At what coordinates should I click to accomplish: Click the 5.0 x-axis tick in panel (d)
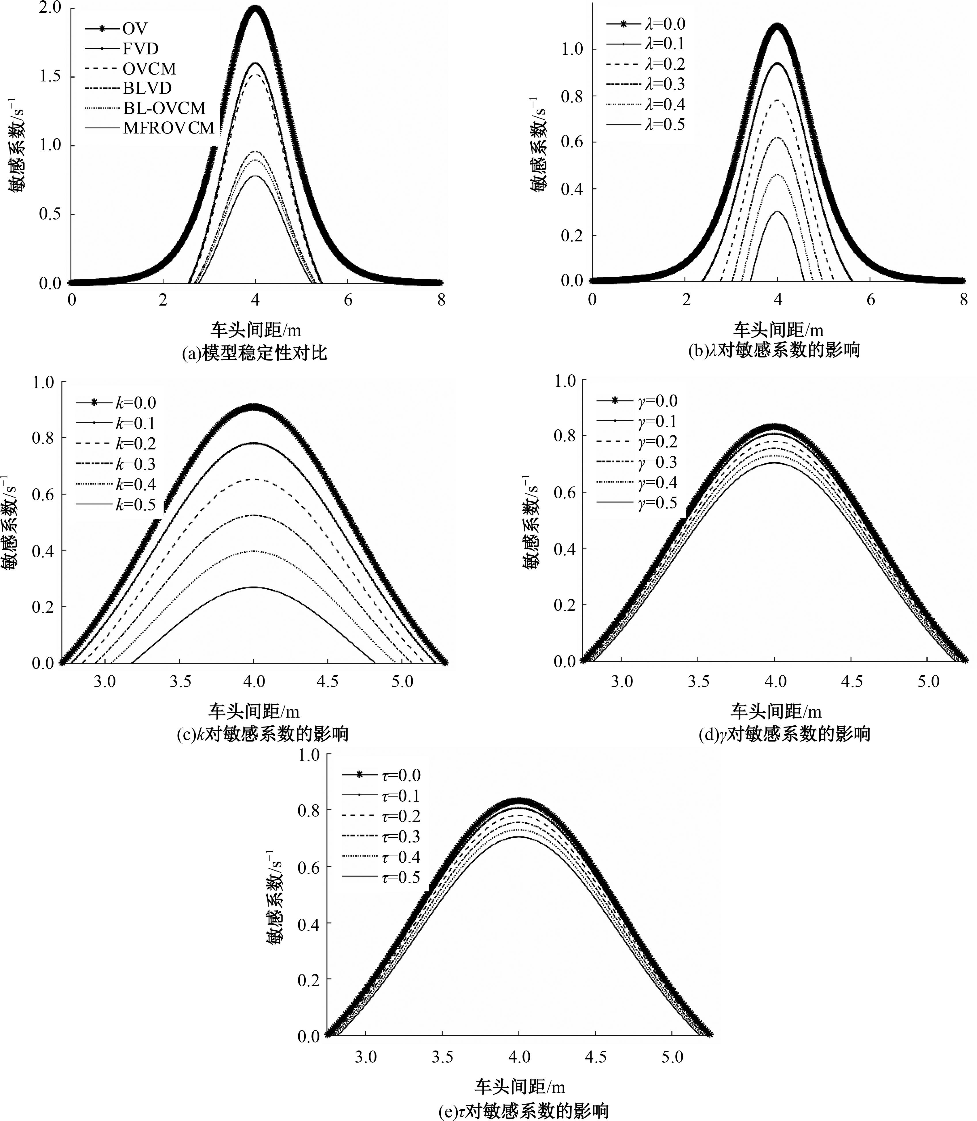point(928,681)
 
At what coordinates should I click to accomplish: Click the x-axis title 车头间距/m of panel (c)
point(254,711)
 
